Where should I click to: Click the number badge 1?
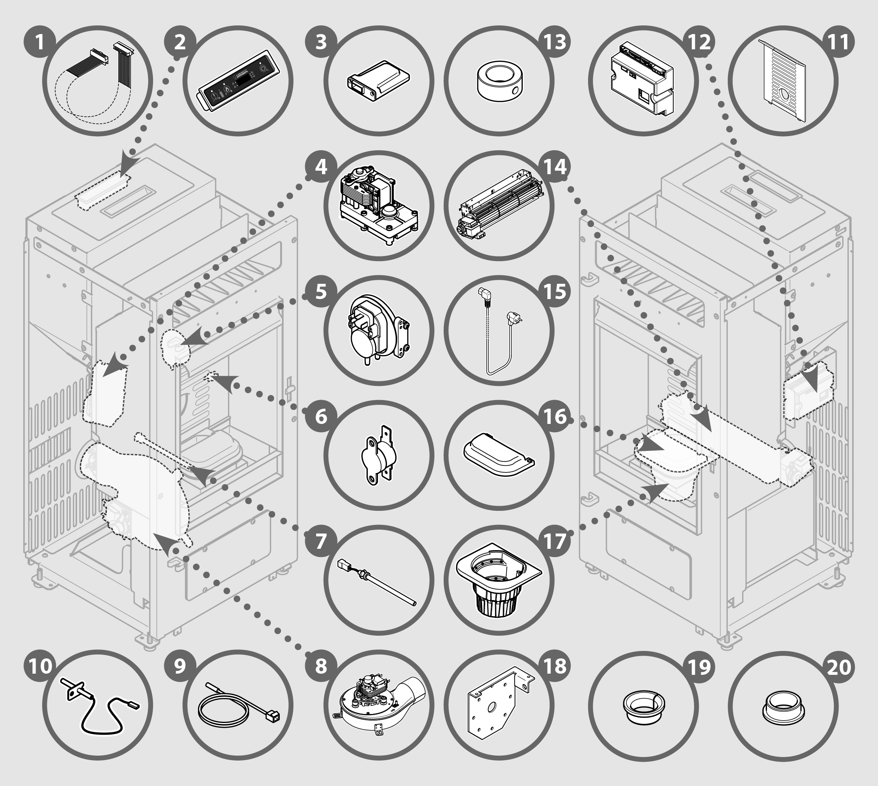[x=40, y=42]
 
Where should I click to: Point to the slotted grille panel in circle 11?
[x=783, y=81]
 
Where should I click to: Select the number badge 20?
[x=839, y=666]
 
